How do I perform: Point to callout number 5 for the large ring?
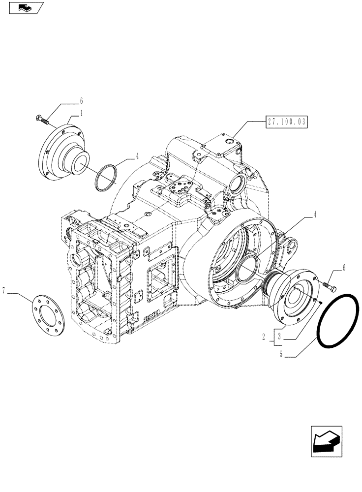click(280, 352)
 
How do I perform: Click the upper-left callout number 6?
click(81, 101)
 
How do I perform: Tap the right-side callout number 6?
click(344, 268)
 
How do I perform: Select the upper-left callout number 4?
click(137, 156)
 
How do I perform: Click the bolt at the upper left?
click(41, 119)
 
